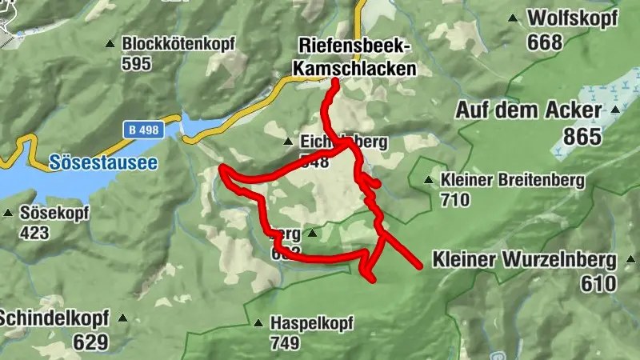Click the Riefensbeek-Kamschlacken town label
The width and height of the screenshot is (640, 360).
click(x=354, y=57)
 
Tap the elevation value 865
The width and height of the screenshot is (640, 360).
click(x=582, y=137)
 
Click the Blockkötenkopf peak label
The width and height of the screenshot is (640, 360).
click(x=178, y=44)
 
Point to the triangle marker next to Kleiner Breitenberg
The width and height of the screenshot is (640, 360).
click(x=430, y=180)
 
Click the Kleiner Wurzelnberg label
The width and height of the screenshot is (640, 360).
click(x=524, y=260)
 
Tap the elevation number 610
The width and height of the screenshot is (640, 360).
click(x=599, y=284)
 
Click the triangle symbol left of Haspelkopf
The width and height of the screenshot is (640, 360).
click(x=258, y=324)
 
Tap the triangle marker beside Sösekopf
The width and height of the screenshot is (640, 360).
click(x=8, y=214)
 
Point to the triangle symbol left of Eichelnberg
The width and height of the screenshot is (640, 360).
click(x=289, y=142)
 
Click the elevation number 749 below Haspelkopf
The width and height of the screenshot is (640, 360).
click(x=285, y=344)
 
